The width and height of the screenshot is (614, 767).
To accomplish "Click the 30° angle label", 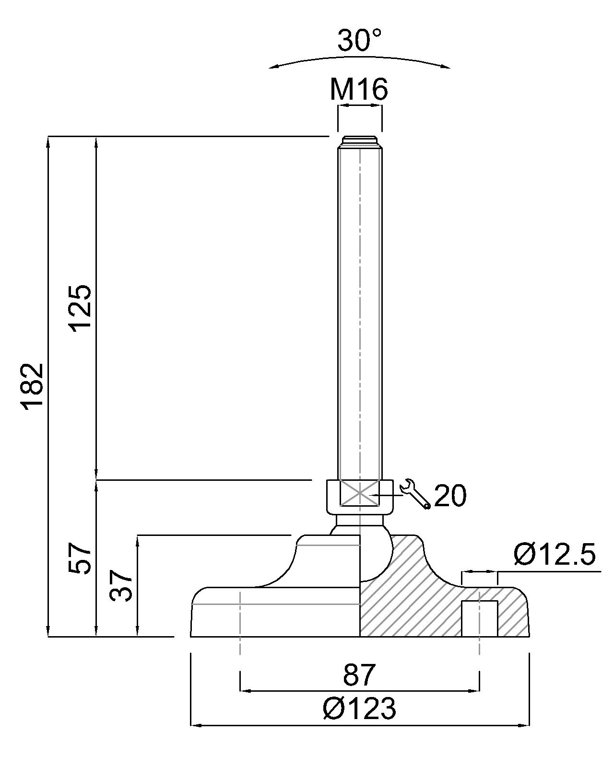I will pos(359,40).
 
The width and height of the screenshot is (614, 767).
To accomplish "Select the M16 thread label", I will pos(359,89).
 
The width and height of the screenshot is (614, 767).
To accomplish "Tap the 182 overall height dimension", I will pos(34,386).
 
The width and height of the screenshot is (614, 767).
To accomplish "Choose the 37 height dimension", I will pos(121,585).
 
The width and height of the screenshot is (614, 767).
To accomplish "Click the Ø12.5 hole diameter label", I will pos(555,555).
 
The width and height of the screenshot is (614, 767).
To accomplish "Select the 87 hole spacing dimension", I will pos(359,675).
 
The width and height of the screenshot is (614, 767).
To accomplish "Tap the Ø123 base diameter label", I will pos(360,709).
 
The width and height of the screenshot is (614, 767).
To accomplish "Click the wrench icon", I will pos(415,493).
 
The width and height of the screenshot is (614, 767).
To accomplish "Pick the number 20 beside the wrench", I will pos(450,496).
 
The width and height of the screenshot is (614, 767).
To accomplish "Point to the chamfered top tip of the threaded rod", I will pos(360,142).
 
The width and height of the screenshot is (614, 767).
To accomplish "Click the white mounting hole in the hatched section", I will pos(479,618).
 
